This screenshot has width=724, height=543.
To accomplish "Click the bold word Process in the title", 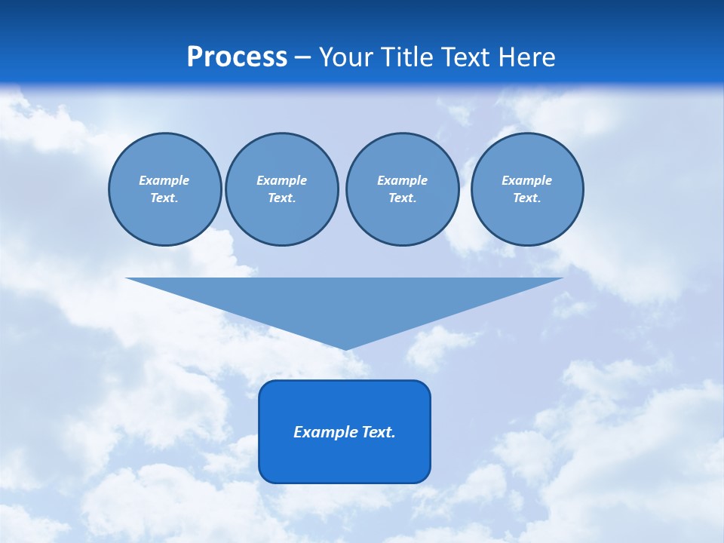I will coord(237,57).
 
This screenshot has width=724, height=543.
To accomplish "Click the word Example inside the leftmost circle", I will coord(164,180).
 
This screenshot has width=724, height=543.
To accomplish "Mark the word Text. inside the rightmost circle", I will coord(527,198).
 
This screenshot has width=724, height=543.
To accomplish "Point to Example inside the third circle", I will coord(402,180).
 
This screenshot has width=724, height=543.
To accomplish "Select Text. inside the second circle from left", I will coord(281,198).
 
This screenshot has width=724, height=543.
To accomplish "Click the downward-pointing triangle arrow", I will coord(345,302).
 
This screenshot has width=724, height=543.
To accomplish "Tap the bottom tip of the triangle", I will coord(345,348).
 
